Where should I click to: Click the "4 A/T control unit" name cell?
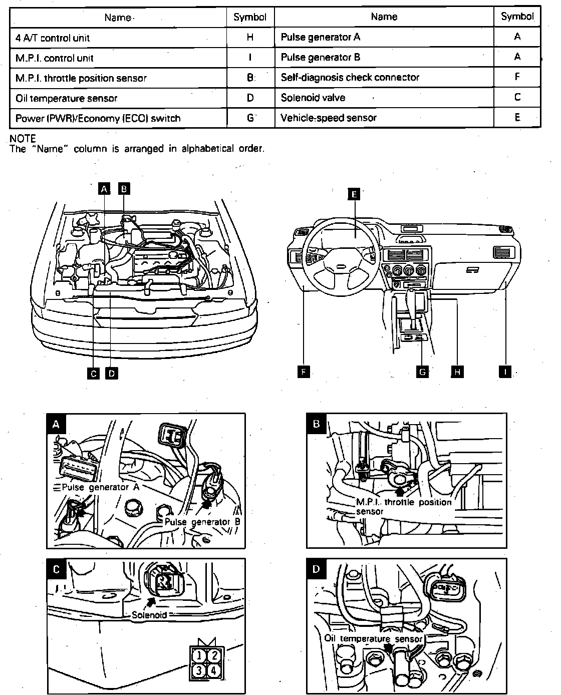point(53,38)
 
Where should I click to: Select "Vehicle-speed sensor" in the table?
point(329,118)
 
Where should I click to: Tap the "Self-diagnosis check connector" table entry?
point(350,77)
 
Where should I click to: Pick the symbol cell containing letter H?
point(250,38)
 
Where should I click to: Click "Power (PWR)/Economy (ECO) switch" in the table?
point(98,118)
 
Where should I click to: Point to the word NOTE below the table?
point(23,138)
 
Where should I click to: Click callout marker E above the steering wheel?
point(354,194)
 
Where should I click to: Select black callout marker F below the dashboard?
point(304,372)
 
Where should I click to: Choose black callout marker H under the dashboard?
point(457,372)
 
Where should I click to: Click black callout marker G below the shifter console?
point(423,372)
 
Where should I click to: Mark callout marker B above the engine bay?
point(124,188)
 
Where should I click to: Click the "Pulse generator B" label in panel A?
point(202,521)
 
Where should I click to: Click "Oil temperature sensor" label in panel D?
point(374,638)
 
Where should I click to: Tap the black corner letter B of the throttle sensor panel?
point(316,424)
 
